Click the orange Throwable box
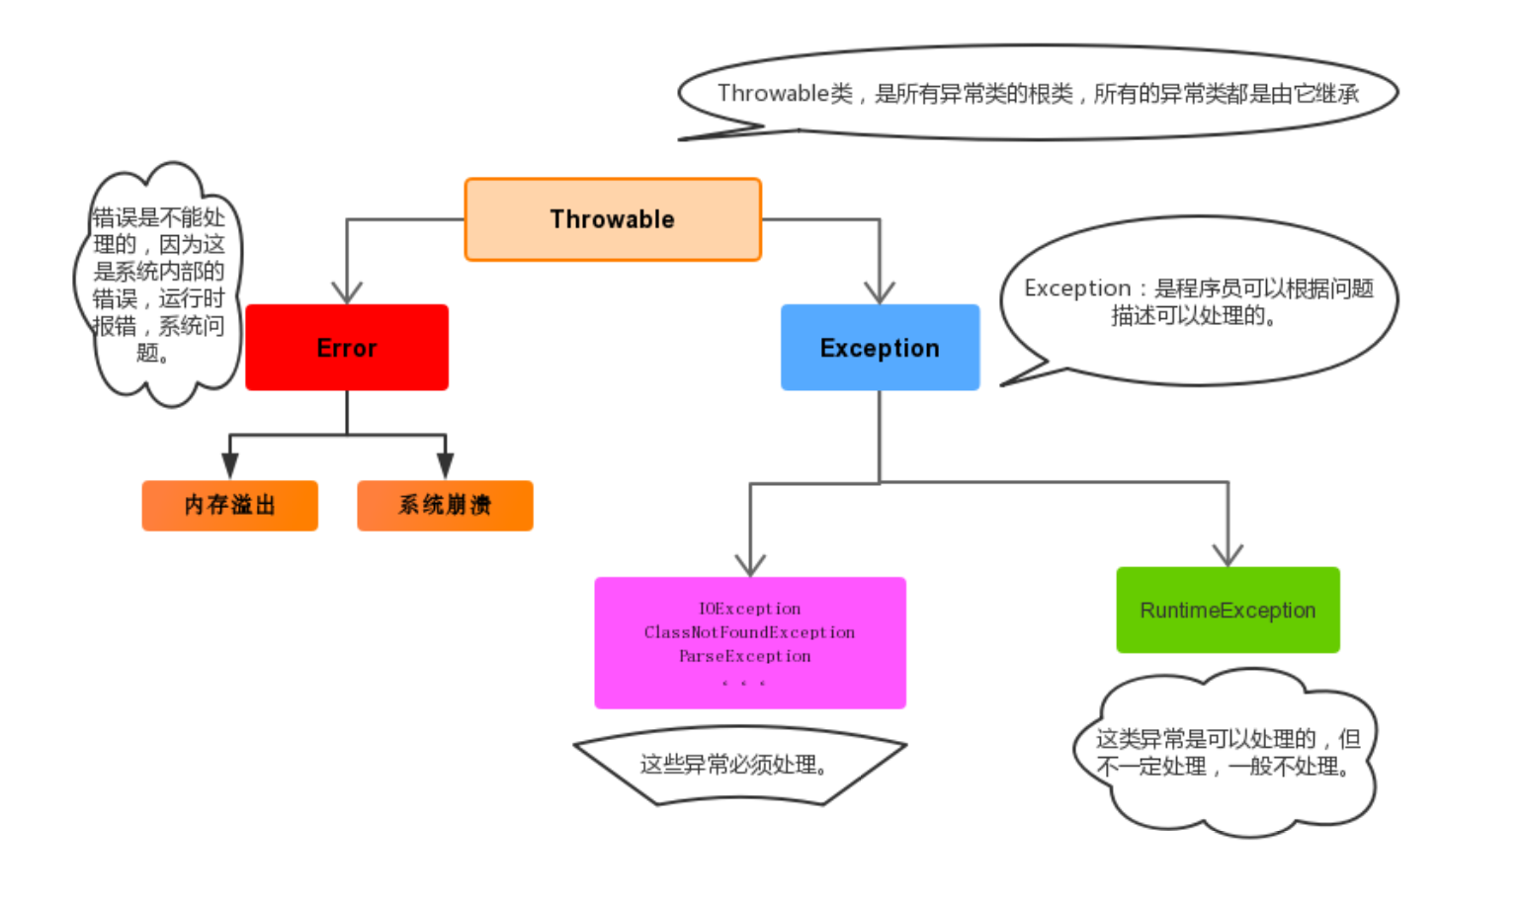613,219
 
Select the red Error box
347,348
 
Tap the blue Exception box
880,348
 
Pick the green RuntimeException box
1228,610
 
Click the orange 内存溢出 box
230,505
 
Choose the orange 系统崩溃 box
445,505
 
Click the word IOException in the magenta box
749,609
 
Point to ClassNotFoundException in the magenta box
749,632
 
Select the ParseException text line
744,656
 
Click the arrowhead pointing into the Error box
347,292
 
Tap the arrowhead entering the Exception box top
880,292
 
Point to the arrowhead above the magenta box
750,564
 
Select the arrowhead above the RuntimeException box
1228,554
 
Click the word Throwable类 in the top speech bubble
785,94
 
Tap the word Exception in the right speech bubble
1077,288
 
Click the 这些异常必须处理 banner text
733,765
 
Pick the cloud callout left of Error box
158,285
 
